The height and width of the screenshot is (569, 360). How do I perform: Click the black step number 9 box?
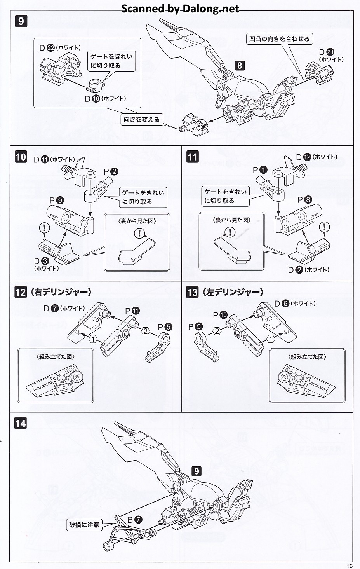(21, 21)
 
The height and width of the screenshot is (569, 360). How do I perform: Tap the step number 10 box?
(21, 157)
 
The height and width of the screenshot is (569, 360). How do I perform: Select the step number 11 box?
(192, 157)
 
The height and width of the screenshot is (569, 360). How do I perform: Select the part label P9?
(57, 201)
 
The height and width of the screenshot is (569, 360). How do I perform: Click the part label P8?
(305, 200)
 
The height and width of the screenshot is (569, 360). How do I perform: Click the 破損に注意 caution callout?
(84, 525)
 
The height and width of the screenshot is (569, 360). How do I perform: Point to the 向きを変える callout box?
(142, 119)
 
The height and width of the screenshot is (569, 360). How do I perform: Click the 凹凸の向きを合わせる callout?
(279, 39)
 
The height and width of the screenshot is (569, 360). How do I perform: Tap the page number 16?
(350, 566)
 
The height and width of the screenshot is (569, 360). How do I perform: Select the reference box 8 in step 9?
(240, 65)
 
